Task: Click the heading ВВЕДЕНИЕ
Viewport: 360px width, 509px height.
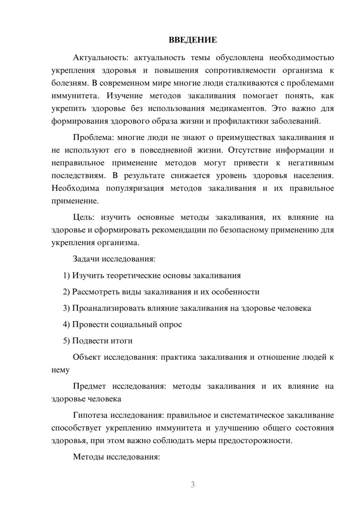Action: [193, 40]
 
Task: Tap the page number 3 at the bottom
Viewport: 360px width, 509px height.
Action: [193, 485]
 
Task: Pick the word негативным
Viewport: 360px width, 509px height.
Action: [311, 163]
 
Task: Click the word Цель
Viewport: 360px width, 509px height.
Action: [83, 217]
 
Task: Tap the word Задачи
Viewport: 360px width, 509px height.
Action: [86, 259]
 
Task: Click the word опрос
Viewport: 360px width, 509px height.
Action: [171, 324]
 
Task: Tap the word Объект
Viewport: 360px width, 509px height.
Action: [87, 357]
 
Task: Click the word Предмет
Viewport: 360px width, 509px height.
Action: [89, 386]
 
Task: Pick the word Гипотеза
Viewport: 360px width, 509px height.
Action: [90, 415]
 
